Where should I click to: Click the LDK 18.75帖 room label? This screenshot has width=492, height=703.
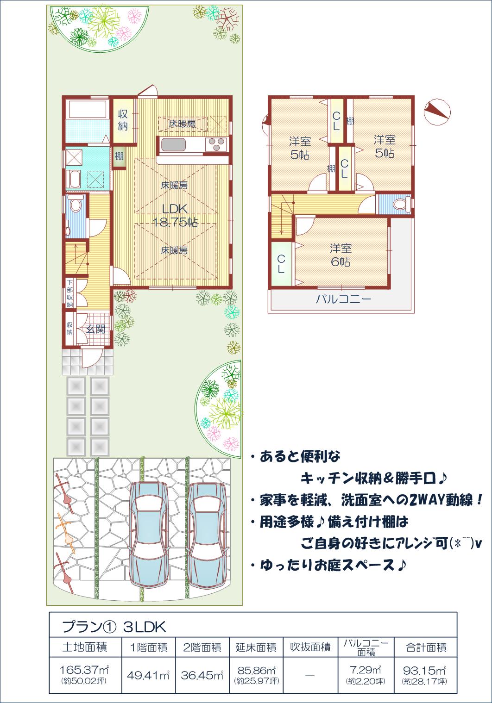click(175, 215)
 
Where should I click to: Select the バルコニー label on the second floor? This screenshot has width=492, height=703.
click(343, 299)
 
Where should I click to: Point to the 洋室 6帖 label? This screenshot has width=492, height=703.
click(341, 255)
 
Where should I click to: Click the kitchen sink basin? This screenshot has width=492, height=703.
click(173, 145)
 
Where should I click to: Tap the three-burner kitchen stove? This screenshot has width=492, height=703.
click(216, 145)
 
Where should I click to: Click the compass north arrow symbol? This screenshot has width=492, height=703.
click(437, 112)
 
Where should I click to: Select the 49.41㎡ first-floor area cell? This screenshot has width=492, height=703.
click(148, 675)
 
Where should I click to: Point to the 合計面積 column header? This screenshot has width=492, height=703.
click(426, 647)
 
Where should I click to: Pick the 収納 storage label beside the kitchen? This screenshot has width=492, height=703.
click(123, 120)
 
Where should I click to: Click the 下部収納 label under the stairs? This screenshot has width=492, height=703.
click(69, 293)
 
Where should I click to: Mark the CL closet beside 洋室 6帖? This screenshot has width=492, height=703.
click(281, 264)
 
